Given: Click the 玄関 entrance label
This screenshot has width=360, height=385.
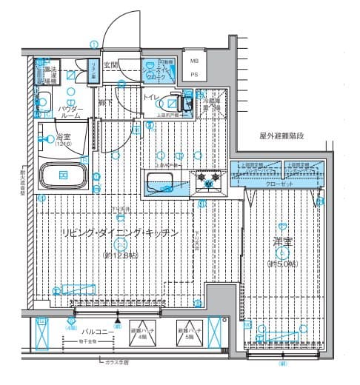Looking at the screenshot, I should [110, 65].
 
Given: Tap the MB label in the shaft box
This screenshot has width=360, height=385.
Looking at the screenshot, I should [194, 61].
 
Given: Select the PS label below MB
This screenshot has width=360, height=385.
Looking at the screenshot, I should [194, 74].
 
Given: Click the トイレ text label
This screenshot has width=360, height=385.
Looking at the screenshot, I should [150, 98].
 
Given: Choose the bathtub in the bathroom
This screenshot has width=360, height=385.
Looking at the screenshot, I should [64, 175].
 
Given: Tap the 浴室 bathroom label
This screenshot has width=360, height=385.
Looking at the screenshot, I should [61, 137].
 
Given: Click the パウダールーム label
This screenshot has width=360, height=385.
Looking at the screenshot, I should [70, 113].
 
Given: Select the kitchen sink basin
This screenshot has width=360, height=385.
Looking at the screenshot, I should [161, 182].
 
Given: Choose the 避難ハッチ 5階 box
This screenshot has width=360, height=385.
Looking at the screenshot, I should [186, 332].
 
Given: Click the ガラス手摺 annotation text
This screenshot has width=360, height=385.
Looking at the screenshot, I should [116, 363].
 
